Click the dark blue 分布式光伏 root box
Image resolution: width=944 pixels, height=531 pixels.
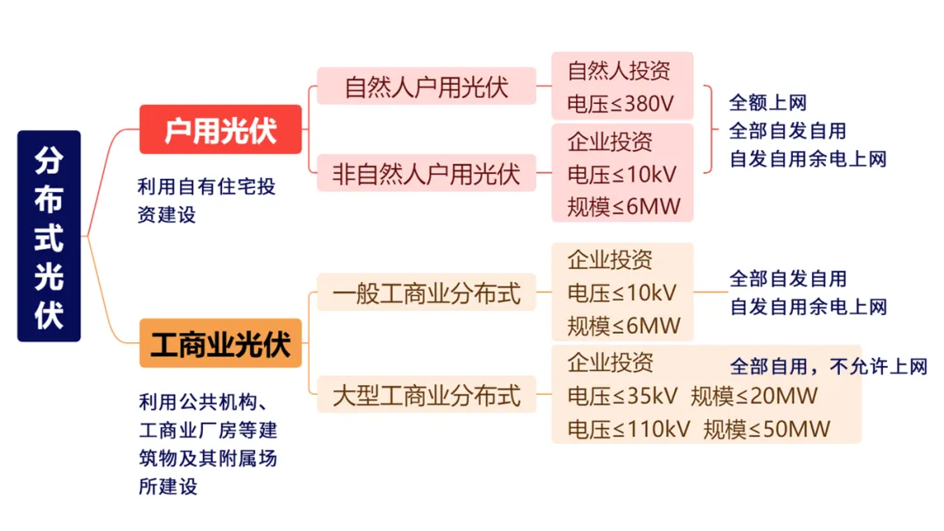tap(49, 235)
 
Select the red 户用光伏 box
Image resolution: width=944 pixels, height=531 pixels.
tap(220, 129)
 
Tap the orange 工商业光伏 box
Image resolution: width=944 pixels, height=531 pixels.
tap(220, 343)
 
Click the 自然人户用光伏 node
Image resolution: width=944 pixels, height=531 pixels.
tap(426, 86)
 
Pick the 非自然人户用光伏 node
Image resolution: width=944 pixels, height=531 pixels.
tap(426, 173)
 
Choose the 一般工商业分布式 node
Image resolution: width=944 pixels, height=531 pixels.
tap(426, 293)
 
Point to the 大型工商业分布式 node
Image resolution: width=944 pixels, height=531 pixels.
tap(426, 395)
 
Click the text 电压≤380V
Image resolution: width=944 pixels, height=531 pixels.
tap(621, 103)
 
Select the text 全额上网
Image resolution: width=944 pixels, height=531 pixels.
tap(767, 102)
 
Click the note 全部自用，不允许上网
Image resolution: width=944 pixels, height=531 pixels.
tap(828, 366)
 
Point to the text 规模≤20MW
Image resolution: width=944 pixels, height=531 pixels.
tap(753, 396)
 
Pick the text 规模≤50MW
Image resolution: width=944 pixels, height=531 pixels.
tap(767, 429)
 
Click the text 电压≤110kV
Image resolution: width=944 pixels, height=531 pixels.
tap(628, 429)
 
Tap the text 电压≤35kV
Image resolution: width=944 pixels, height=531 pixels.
tap(622, 396)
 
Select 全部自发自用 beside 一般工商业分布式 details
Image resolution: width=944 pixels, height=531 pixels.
tap(788, 279)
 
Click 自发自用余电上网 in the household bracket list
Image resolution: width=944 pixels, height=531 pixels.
tap(808, 159)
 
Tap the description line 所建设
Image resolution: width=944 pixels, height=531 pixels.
tap(168, 486)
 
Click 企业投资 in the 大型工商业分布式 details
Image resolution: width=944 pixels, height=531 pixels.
tap(609, 362)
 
